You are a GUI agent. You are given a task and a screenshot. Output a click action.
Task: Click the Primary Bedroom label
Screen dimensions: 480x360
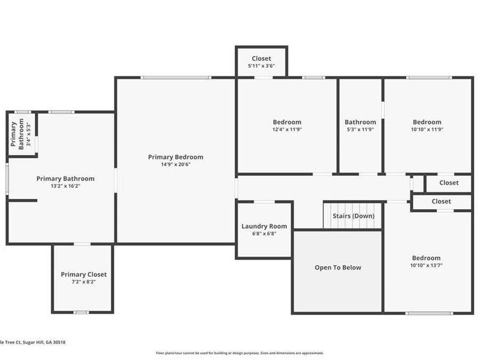[x=175, y=157]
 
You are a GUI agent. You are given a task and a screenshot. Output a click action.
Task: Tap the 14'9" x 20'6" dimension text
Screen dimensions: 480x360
[x=175, y=164]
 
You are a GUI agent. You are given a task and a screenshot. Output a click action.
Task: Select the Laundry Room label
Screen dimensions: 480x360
[x=264, y=226]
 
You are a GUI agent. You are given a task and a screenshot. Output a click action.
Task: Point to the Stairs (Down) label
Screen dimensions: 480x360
[x=354, y=216]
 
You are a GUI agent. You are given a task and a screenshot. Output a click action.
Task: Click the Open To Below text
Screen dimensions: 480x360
[x=338, y=268]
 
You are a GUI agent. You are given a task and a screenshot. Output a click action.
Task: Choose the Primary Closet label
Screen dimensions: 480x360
[x=84, y=275]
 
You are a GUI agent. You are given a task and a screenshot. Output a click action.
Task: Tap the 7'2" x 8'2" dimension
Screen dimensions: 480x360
[x=84, y=282]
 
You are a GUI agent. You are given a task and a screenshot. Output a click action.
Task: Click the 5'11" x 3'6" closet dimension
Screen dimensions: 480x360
[x=261, y=66]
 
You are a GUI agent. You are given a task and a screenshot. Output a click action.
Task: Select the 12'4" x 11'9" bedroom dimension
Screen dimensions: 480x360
[x=287, y=130]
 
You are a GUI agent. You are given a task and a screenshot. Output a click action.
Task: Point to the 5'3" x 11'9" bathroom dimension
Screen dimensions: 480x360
[x=361, y=130]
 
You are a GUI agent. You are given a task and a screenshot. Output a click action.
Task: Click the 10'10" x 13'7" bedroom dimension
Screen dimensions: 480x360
[x=427, y=266]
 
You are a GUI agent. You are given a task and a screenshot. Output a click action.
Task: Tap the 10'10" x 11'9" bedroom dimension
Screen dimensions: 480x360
[x=427, y=130]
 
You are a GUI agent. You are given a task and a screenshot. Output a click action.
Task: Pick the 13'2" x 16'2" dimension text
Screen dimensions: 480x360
[x=66, y=186]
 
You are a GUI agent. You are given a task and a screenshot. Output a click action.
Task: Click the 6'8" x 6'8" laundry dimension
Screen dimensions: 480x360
[x=264, y=234]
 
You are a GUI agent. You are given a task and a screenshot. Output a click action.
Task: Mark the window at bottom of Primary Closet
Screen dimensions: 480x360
[x=81, y=312]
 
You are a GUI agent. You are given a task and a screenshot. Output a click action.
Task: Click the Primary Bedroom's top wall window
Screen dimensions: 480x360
[x=175, y=78]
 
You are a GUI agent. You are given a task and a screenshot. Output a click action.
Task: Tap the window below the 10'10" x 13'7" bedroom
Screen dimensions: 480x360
[x=429, y=313]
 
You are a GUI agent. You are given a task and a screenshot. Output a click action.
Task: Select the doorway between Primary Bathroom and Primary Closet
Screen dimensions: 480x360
[x=82, y=244]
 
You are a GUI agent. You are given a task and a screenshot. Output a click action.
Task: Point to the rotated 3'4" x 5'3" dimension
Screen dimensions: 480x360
[x=28, y=134]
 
